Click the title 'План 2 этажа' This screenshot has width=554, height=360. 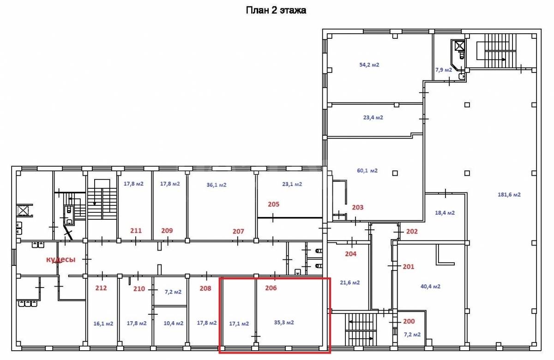(x=276, y=10)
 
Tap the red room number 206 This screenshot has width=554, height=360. (x=271, y=288)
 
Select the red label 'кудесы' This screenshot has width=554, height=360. (x=61, y=259)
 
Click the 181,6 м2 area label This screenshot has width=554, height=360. (x=509, y=195)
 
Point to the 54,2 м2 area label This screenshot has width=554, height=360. (x=369, y=65)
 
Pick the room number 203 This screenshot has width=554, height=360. (x=358, y=207)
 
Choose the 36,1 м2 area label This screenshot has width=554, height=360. (x=217, y=185)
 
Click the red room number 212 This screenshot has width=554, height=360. (x=101, y=288)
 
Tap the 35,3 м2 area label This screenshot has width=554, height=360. (x=284, y=323)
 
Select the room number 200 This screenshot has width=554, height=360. (x=409, y=321)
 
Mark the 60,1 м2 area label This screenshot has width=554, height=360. (x=367, y=171)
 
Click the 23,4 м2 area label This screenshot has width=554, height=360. (x=373, y=117)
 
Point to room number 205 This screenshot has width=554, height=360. (x=273, y=204)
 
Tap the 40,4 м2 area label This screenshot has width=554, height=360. (x=431, y=286)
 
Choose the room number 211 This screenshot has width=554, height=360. (x=136, y=231)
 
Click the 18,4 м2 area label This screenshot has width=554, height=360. (x=445, y=213)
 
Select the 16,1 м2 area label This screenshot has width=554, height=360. (x=103, y=324)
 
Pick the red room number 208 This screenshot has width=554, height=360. (x=205, y=288)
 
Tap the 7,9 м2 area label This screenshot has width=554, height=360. (x=444, y=70)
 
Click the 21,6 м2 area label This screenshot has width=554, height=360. (x=350, y=282)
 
